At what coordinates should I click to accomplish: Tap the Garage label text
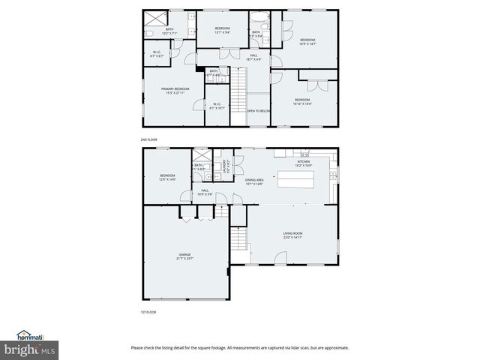(x=184, y=256)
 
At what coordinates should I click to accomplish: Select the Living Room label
(x=292, y=235)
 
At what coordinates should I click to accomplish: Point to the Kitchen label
(x=303, y=163)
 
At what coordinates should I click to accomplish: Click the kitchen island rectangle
(x=298, y=181)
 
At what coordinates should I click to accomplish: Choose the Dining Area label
(x=254, y=181)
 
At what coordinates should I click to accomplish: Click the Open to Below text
(x=259, y=111)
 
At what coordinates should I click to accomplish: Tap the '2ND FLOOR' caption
(x=148, y=140)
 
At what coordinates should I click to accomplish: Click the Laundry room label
(x=224, y=169)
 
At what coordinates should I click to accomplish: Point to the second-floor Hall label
(x=254, y=56)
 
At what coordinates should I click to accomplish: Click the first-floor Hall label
(x=205, y=192)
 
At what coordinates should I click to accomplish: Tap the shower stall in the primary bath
(x=156, y=18)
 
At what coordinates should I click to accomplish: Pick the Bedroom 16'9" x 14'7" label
(x=308, y=41)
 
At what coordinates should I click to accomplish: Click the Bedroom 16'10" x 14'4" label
(x=302, y=101)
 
